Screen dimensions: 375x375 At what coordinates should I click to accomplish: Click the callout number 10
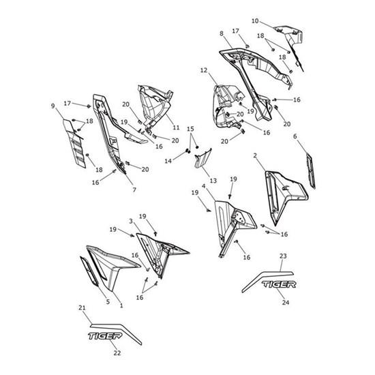255,21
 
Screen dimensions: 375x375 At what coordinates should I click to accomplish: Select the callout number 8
222,33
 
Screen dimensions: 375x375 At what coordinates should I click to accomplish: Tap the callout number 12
204,70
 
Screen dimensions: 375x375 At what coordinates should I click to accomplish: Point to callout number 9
53,106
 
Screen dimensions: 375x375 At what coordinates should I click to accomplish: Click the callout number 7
134,190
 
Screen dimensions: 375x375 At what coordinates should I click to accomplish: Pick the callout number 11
176,127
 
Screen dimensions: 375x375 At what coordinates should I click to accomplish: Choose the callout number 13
213,181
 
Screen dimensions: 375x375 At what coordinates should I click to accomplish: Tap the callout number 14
168,161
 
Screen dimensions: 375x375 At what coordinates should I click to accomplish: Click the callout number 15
190,129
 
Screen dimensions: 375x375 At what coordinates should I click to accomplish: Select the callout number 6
295,136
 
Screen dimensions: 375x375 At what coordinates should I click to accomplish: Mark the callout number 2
255,155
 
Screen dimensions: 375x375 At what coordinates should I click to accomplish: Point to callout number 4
204,186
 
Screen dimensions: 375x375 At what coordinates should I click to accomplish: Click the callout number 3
131,221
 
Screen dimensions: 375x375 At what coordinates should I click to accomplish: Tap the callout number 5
108,301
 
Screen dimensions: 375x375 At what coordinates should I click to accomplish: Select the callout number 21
82,307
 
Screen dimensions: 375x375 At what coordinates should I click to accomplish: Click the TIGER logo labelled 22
105,335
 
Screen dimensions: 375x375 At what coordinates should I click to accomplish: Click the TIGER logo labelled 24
279,284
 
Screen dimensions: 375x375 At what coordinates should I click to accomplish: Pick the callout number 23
283,256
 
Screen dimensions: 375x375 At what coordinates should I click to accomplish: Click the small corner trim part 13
202,158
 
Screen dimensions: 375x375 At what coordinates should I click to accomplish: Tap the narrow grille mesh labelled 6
311,171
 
